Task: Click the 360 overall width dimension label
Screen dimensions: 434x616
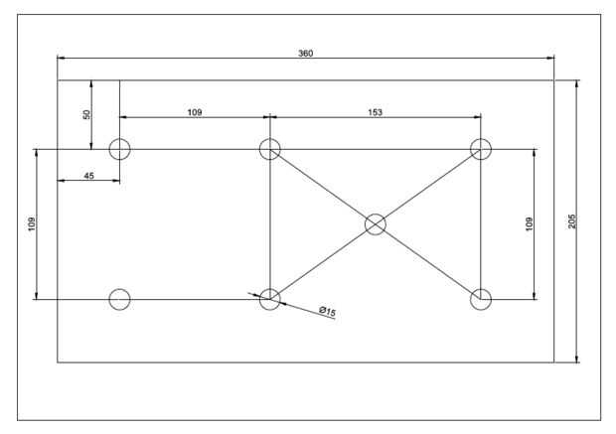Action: click(306, 53)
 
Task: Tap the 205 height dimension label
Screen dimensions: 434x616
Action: click(571, 221)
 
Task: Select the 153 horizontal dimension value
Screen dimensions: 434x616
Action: click(375, 112)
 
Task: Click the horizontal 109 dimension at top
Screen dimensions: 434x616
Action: click(195, 112)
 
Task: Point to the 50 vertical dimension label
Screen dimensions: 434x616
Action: click(86, 115)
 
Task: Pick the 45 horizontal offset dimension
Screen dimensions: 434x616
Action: click(88, 176)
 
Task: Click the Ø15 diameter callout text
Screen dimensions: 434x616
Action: click(327, 312)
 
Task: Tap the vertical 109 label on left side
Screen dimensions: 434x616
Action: click(32, 224)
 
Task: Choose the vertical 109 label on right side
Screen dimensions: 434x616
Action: click(529, 224)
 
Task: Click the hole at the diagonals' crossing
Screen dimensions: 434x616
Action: click(375, 224)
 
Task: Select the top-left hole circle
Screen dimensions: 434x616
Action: click(119, 149)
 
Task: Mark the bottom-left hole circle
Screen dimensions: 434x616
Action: click(119, 299)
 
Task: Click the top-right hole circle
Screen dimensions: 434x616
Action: click(481, 149)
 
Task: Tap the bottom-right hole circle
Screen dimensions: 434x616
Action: click(481, 299)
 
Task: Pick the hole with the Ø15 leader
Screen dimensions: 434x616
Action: click(269, 299)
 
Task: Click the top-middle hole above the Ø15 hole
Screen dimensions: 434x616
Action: click(269, 149)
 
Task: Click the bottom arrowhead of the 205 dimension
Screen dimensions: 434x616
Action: click(577, 360)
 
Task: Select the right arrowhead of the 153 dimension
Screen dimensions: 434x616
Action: click(477, 118)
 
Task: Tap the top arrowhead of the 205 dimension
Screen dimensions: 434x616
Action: click(577, 83)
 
